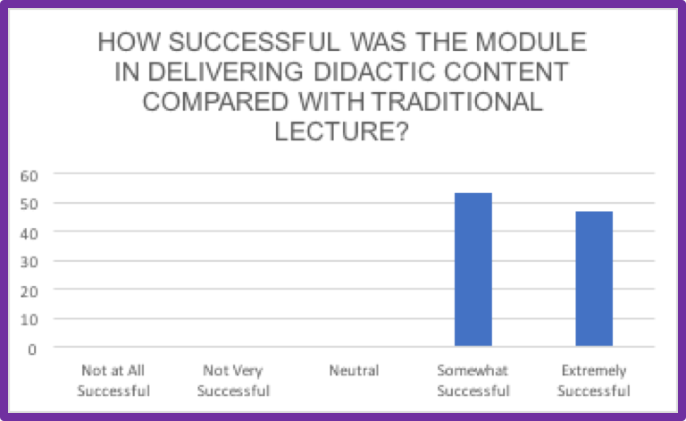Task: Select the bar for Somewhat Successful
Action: point(473,269)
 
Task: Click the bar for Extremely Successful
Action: point(594,279)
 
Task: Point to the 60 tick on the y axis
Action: point(29,176)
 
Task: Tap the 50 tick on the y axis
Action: point(29,204)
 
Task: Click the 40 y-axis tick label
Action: point(29,233)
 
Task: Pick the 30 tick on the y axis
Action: point(29,262)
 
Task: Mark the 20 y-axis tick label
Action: point(29,291)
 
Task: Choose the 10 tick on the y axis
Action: point(29,320)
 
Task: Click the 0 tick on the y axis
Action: point(32,349)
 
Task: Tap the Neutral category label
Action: point(354,371)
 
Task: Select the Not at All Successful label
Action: point(113,380)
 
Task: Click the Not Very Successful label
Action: point(233,380)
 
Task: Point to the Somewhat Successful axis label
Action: point(473,380)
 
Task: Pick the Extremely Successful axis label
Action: point(594,380)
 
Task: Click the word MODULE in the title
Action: point(531,42)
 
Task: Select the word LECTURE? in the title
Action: point(341,131)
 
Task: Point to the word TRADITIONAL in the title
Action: point(457,102)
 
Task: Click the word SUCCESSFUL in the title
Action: point(254,42)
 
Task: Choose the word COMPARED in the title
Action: point(215,102)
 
